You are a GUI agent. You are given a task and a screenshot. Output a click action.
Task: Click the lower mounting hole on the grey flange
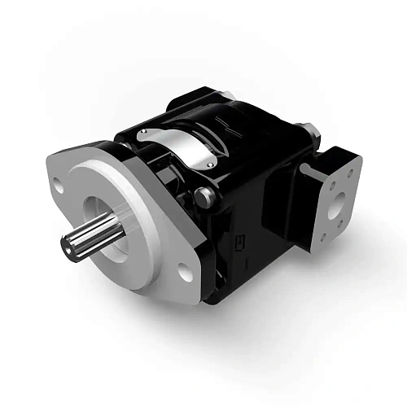186,274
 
